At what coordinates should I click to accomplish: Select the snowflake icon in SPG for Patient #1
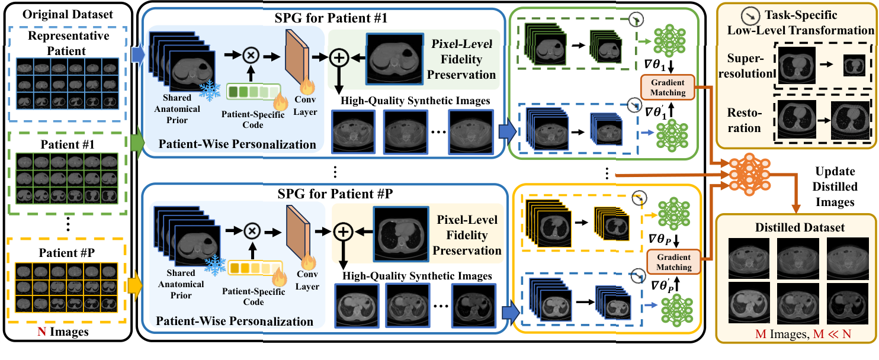(x=207, y=89)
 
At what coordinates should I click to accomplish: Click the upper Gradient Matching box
(x=668, y=88)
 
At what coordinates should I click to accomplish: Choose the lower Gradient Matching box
(x=674, y=262)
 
